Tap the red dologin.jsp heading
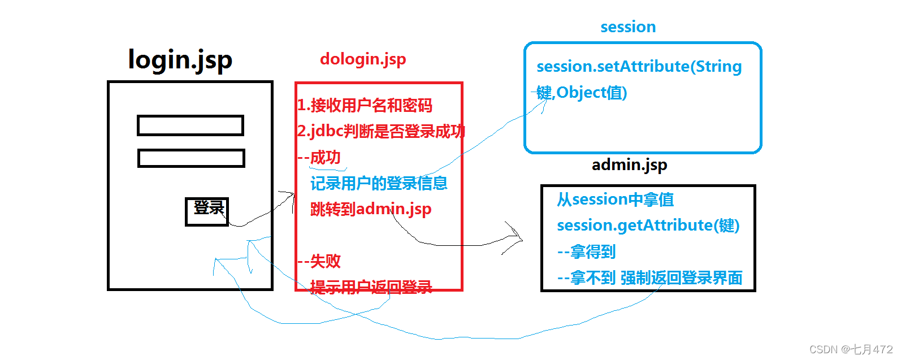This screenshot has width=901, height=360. coord(363,59)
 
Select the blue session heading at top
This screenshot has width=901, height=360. coord(628,27)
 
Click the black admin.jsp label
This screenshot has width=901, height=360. coord(629,164)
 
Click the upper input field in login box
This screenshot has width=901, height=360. coord(190,125)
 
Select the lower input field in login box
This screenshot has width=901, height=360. coord(191,158)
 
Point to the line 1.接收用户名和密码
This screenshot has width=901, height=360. coord(365,105)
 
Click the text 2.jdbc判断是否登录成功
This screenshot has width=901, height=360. coord(381,131)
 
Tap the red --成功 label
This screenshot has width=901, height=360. coord(319,157)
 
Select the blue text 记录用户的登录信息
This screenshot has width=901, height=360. coord(379,183)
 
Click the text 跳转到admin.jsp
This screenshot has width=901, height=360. coord(370,209)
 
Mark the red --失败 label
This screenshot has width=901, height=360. coord(319,261)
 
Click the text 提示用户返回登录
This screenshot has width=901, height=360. coord(371,287)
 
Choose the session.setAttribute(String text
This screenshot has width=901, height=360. coord(639,66)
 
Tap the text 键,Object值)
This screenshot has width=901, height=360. coord(582,92)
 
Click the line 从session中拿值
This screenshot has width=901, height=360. coord(615,199)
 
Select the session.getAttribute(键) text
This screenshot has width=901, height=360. coord(648,225)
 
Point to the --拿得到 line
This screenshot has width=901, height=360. coord(586,251)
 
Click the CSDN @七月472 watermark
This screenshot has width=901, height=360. coord(851,349)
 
